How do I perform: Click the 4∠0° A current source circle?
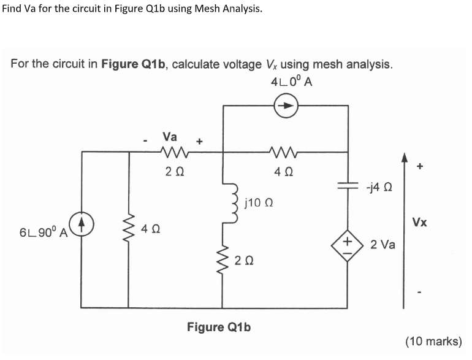286,106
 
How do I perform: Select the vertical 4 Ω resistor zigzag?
129,229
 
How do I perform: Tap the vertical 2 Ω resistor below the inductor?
223,262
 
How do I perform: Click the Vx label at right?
420,222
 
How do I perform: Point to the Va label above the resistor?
171,136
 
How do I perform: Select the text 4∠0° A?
291,82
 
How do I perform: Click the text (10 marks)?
433,341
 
